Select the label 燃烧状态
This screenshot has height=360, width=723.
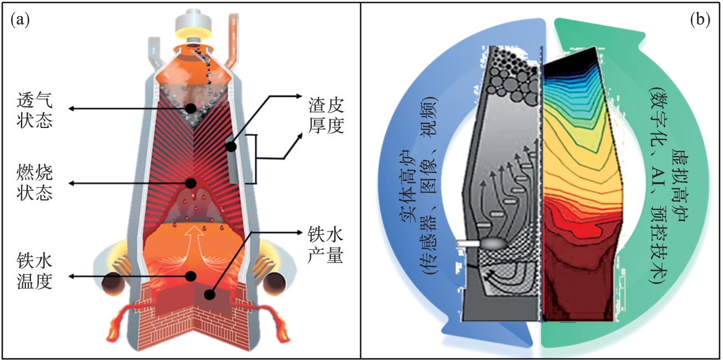[35, 183]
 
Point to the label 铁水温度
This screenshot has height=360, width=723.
[35, 271]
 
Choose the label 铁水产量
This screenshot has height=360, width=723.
[326, 246]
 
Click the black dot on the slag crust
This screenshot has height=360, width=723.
[230, 147]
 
